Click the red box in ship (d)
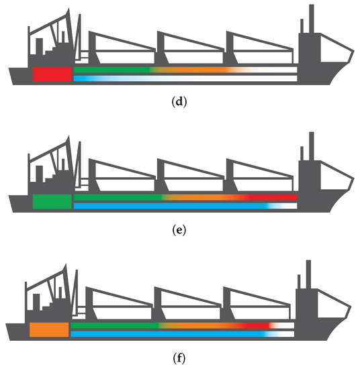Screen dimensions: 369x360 [52, 74]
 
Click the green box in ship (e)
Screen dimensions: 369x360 [52, 201]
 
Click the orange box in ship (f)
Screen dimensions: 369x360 [49, 329]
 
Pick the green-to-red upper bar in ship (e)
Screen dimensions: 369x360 [185, 197]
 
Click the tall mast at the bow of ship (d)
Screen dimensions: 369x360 [311, 20]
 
